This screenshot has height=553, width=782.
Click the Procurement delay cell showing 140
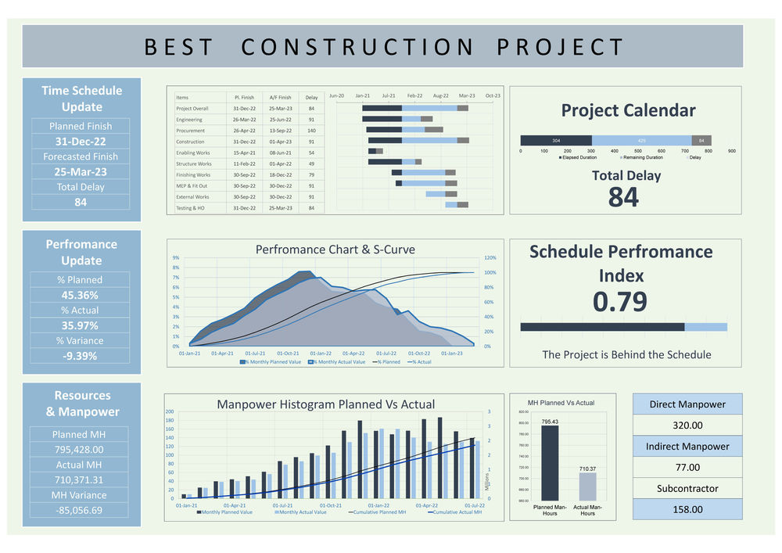(311, 131)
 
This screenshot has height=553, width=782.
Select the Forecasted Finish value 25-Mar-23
(81, 172)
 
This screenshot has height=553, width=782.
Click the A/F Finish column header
(280, 97)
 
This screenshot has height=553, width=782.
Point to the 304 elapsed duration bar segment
(556, 140)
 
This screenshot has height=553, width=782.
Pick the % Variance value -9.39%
(81, 356)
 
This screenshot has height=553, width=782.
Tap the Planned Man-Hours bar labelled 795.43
(550, 462)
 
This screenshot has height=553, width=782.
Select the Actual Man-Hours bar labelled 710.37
(587, 486)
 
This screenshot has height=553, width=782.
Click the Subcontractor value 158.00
(687, 509)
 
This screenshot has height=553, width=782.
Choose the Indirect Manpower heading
(687, 447)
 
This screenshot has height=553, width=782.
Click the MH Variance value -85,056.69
(81, 510)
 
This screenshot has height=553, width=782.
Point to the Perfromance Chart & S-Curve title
(335, 250)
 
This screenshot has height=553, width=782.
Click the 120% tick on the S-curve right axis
(490, 257)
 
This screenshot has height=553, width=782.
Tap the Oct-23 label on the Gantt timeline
(493, 95)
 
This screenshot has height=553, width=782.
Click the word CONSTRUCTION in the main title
(357, 47)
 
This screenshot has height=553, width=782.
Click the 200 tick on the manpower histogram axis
(170, 412)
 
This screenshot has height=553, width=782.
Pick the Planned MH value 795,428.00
(81, 449)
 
